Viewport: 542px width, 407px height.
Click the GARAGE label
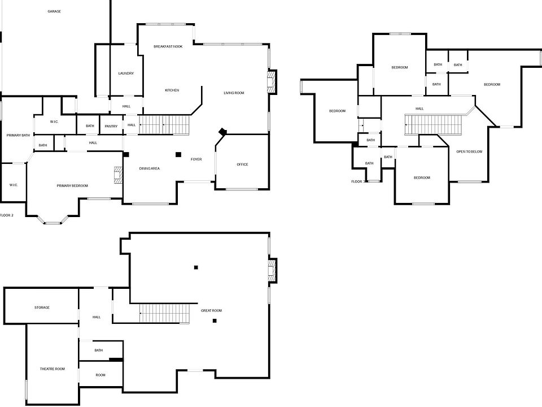pos(54,11)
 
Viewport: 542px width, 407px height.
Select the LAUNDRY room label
pos(126,73)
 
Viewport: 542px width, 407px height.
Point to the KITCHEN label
pos(172,90)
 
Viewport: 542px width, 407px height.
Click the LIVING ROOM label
pos(233,93)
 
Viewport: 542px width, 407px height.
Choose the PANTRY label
pos(111,126)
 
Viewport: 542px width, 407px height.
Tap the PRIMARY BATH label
pos(18,135)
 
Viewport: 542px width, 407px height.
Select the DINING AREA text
pos(150,168)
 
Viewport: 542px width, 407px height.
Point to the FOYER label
pos(196,159)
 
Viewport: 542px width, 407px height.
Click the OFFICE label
pos(242,164)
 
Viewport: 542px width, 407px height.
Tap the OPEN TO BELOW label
pos(469,151)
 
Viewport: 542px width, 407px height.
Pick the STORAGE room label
pos(42,308)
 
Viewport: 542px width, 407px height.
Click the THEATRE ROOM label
pos(52,369)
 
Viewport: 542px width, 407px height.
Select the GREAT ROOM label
pos(211,310)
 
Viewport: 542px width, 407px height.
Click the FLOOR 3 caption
pos(359,181)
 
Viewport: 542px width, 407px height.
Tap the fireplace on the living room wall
pos(272,81)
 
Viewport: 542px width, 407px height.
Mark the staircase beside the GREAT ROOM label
pos(164,314)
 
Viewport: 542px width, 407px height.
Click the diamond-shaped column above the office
pos(222,131)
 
